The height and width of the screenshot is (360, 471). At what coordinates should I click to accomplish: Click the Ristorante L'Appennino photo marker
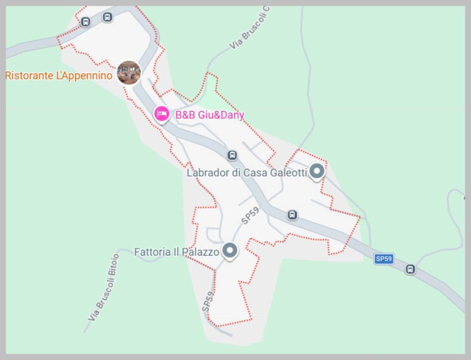tap(129, 73)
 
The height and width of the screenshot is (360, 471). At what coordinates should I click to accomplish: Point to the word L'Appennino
tap(84, 75)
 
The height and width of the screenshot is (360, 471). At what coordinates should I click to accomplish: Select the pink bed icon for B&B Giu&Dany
tap(162, 114)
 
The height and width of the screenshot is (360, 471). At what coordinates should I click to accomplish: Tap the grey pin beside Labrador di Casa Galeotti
tap(317, 171)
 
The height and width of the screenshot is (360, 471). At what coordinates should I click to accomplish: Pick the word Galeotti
tap(289, 172)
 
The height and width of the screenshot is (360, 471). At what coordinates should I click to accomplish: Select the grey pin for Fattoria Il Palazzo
tap(229, 250)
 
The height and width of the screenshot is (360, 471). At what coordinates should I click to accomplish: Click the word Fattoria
tap(152, 252)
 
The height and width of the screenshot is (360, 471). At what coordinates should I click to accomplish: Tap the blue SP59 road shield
tap(383, 259)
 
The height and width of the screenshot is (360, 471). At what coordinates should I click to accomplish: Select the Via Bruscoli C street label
tap(251, 27)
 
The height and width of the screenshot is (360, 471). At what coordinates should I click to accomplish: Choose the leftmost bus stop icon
tap(85, 22)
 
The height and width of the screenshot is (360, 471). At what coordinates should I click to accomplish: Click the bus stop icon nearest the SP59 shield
tap(410, 269)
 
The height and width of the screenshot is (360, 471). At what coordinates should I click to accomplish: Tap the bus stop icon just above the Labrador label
tap(232, 155)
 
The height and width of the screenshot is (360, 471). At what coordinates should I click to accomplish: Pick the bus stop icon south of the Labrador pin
tap(292, 215)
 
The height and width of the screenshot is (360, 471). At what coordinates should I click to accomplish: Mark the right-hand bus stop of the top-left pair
tap(107, 17)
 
